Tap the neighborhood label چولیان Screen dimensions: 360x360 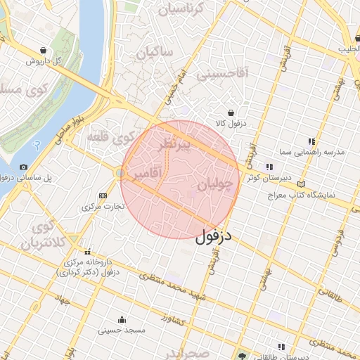point(214,185)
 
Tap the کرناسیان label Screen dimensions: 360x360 point(188,9)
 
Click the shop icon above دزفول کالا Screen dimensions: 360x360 point(231,112)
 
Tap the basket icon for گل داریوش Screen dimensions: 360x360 point(44,51)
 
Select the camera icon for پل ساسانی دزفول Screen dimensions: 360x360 point(24,167)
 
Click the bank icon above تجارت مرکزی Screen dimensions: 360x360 point(103,195)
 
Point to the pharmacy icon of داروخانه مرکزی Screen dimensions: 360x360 point(87,252)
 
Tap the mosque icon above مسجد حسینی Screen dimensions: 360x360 point(122,318)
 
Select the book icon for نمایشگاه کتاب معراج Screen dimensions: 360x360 point(303,183)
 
